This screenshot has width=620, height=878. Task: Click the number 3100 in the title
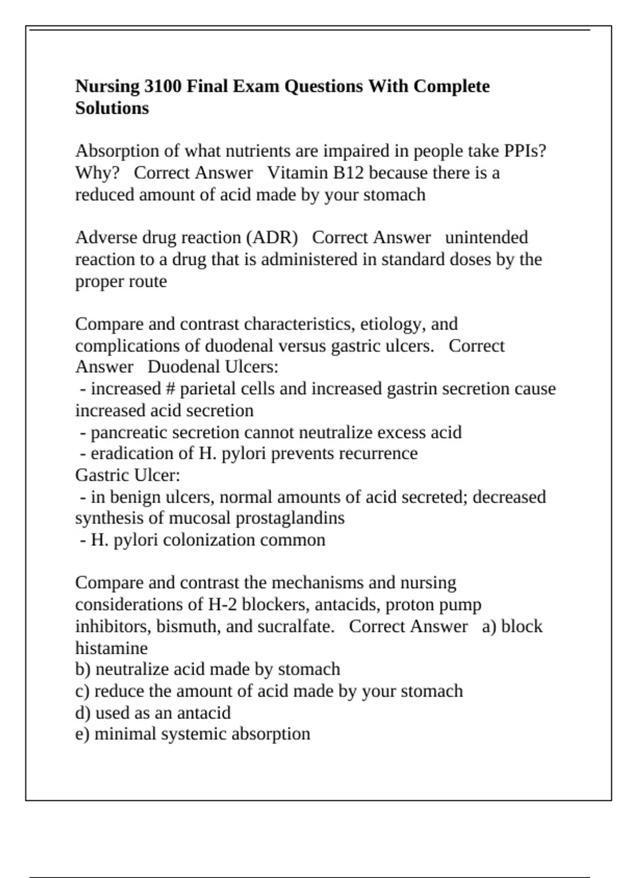pos(162,86)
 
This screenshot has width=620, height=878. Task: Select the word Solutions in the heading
pos(112,108)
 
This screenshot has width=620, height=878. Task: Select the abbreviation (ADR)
pos(272,238)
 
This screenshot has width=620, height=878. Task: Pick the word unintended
pos(486,238)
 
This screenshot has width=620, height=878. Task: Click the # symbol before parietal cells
pos(171,389)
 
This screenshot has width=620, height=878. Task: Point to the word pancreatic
pos(129,432)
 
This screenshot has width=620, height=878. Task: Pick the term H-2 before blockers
pos(223,604)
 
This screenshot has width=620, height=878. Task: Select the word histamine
pos(111,648)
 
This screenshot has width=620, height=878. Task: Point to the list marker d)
pos(83,713)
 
